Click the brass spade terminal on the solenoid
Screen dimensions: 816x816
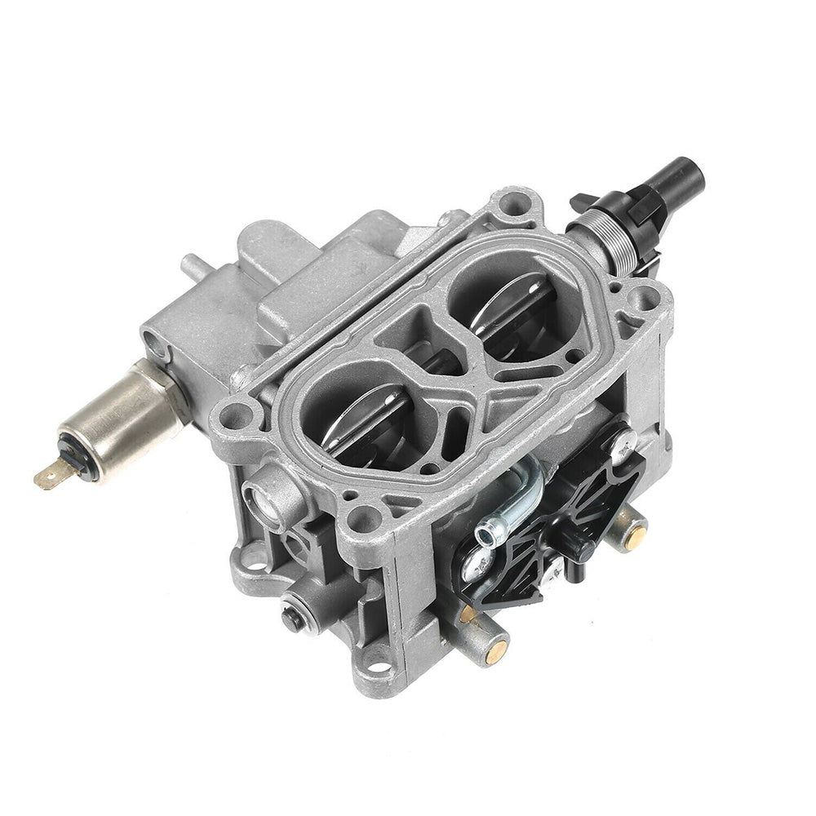click(x=47, y=477)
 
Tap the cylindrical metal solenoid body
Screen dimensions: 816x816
click(x=122, y=416)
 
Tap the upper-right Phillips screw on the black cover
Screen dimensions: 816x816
click(x=623, y=441)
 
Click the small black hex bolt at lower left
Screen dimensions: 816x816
click(x=291, y=617)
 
